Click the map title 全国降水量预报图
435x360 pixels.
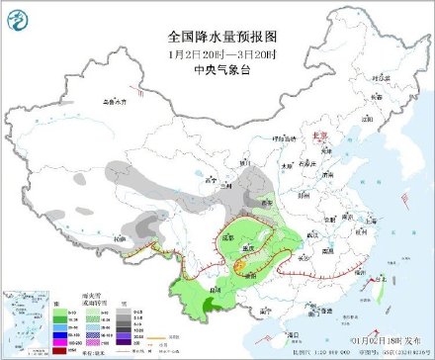coord(217,34)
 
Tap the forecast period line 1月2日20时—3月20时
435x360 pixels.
coord(217,50)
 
